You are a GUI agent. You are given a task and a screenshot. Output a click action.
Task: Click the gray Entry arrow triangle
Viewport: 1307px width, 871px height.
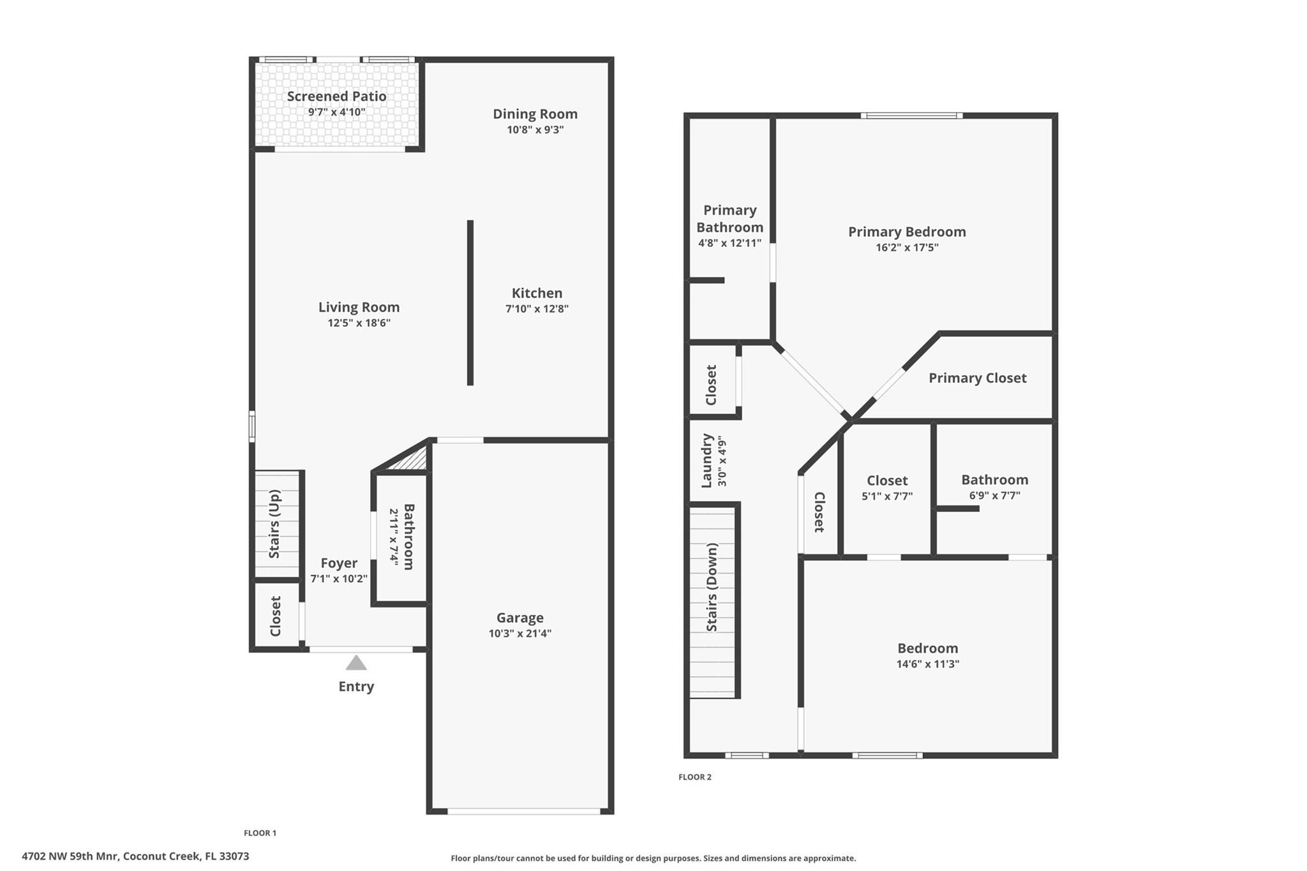(356, 664)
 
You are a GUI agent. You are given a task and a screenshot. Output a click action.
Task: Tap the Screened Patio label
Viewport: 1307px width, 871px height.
(336, 96)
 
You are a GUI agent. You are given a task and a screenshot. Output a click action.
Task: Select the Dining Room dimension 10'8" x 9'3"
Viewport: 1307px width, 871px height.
(535, 130)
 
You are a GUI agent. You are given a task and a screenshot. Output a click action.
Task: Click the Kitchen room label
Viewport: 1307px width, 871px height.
(537, 293)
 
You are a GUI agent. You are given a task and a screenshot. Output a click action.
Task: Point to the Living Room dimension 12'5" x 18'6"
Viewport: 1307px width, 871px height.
(359, 323)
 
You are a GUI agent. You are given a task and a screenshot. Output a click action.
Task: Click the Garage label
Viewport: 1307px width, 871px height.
(519, 618)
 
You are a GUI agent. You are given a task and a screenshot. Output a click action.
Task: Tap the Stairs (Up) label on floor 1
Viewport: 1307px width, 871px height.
(274, 524)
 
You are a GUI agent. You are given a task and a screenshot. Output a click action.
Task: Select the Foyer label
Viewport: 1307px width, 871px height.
(339, 563)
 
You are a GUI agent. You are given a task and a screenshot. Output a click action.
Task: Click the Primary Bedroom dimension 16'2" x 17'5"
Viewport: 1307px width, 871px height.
(906, 248)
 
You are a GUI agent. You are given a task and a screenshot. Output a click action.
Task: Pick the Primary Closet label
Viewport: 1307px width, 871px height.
(977, 378)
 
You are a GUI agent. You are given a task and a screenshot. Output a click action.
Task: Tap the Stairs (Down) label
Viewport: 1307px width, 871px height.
(712, 587)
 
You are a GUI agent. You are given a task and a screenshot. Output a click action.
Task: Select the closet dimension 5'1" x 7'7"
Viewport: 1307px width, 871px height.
(887, 496)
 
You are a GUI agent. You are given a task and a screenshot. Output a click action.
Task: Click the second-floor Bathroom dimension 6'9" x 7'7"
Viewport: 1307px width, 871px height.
(994, 495)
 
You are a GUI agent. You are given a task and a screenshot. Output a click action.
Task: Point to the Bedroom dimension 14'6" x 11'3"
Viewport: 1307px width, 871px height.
(927, 664)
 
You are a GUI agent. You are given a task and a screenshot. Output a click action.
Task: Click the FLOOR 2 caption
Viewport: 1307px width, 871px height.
(694, 777)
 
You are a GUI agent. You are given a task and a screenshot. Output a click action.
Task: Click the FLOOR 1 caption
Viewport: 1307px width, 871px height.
(260, 833)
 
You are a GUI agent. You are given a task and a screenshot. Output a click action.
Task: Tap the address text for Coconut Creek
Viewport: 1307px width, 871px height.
(135, 856)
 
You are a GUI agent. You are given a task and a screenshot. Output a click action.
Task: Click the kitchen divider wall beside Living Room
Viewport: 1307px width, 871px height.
(470, 302)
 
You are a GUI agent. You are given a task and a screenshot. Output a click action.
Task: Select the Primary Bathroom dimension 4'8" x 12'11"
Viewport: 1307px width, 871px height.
(729, 243)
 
